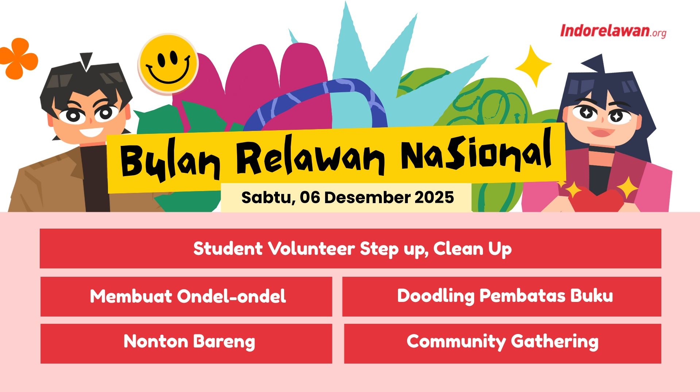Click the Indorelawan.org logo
613,31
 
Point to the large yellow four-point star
533,66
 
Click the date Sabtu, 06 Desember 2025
347,197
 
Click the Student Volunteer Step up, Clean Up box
350,249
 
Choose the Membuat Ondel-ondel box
186,296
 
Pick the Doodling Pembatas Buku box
502,296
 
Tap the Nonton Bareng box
186,343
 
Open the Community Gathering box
502,343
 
